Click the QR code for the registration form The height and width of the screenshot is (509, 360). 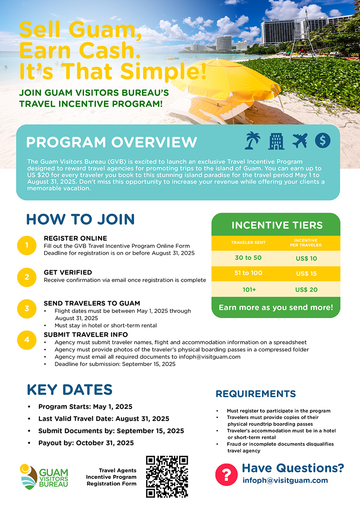pos(167,477)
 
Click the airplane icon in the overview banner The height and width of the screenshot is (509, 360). pos(300,141)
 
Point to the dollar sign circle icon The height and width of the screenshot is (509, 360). pos(323,141)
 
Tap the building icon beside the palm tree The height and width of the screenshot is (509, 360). pos(276,141)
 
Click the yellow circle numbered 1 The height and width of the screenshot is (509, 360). pos(27,245)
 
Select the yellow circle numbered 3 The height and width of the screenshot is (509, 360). pos(27,308)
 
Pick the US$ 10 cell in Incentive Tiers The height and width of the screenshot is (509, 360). pos(307,258)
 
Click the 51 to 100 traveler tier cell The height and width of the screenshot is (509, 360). pos(248,273)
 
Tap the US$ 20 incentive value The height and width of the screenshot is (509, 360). pos(307,290)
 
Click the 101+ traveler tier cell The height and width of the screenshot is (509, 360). pos(248,290)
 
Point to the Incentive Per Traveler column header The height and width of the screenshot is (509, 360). pos(307,243)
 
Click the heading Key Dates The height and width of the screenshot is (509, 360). pos(70,390)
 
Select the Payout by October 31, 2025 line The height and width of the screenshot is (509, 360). pos(86,443)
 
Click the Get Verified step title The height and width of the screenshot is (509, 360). pos(68,272)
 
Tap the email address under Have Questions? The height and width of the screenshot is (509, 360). pos(285,481)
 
